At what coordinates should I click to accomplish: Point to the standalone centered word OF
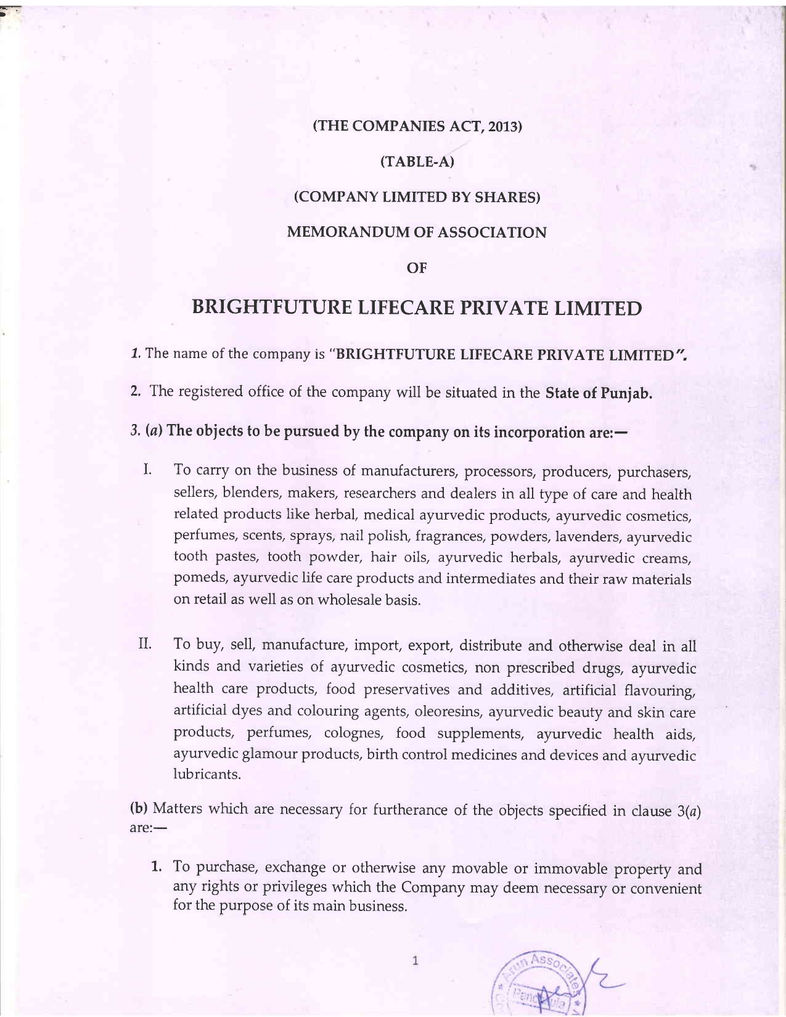417,268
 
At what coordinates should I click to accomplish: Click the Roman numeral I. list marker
147,470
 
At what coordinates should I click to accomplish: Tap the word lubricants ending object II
207,775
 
